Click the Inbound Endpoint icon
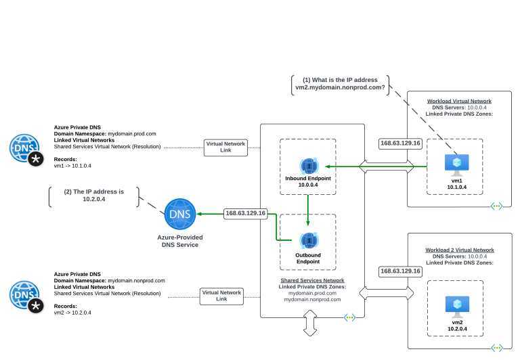tap(308, 165)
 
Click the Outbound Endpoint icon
tap(308, 241)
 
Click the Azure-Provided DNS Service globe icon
tap(180, 215)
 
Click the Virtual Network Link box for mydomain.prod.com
tap(225, 147)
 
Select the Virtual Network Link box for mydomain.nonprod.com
tap(221, 296)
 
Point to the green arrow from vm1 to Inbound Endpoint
tap(376, 166)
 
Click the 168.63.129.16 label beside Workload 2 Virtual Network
tap(401, 271)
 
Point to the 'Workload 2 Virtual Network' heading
tap(460, 250)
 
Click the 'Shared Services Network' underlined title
tap(312, 280)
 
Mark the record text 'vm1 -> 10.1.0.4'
tap(72, 166)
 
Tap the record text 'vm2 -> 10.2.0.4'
tap(72, 313)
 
